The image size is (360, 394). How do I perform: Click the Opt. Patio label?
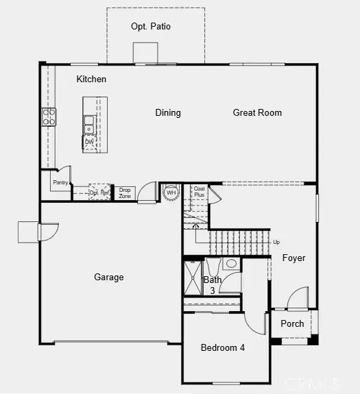pyautogui.click(x=151, y=27)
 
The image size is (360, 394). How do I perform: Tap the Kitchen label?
pyautogui.click(x=91, y=79)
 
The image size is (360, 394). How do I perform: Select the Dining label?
pyautogui.click(x=168, y=113)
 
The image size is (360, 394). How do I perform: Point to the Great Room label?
pyautogui.click(x=257, y=113)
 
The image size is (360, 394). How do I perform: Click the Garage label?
pyautogui.click(x=109, y=278)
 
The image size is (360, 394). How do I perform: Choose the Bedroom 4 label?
pyautogui.click(x=223, y=348)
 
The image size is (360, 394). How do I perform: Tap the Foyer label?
pyautogui.click(x=293, y=258)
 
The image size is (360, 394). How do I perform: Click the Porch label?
pyautogui.click(x=293, y=324)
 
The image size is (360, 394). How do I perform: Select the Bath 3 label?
pyautogui.click(x=213, y=284)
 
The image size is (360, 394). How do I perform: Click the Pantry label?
pyautogui.click(x=60, y=183)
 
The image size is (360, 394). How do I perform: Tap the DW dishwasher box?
pyautogui.click(x=89, y=143)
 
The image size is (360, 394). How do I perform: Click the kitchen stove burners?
pyautogui.click(x=50, y=117)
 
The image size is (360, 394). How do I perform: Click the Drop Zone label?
pyautogui.click(x=125, y=193)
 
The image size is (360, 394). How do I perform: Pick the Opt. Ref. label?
pyautogui.click(x=99, y=193)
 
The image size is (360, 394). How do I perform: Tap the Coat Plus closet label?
pyautogui.click(x=199, y=192)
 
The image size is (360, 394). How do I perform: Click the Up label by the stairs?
pyautogui.click(x=276, y=242)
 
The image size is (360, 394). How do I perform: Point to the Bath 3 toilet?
pyautogui.click(x=231, y=264)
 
